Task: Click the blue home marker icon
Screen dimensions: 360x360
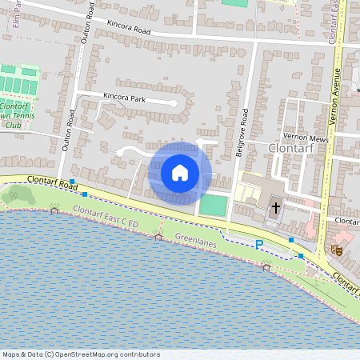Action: pyautogui.click(x=180, y=173)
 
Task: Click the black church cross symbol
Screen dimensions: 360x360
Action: pyautogui.click(x=276, y=208)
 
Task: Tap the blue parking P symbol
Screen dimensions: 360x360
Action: pyautogui.click(x=258, y=244)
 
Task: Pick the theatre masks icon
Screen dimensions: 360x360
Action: pyautogui.click(x=338, y=250)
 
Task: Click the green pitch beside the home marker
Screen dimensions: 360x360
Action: pyautogui.click(x=213, y=205)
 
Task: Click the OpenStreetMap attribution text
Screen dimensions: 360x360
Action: pyautogui.click(x=81, y=354)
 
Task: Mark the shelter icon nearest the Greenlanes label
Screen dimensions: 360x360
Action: pyautogui.click(x=158, y=237)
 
